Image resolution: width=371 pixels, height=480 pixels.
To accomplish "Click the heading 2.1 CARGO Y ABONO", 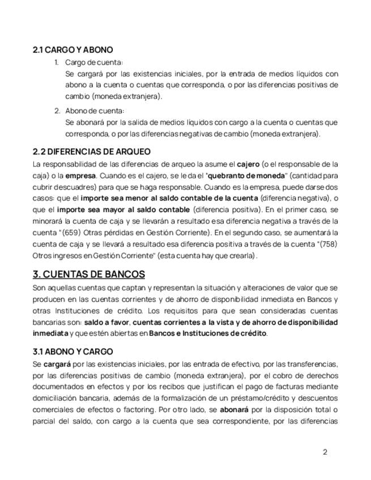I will (73, 50).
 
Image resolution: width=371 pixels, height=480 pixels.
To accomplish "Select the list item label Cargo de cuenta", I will (94, 62).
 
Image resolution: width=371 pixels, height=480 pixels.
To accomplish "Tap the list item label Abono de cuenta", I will (94, 110).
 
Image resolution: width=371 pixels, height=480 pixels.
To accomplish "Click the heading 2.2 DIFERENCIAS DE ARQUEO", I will (92, 152).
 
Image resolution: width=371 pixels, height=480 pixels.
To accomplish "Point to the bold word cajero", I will (249, 164).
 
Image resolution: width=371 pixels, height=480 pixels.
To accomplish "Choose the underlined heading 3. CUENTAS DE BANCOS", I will (89, 275).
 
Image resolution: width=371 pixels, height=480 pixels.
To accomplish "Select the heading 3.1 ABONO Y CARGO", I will (73, 352).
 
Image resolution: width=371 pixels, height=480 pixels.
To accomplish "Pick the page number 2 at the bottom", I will (325, 452).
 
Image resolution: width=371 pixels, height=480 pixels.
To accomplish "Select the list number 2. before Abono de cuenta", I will (57, 110).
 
